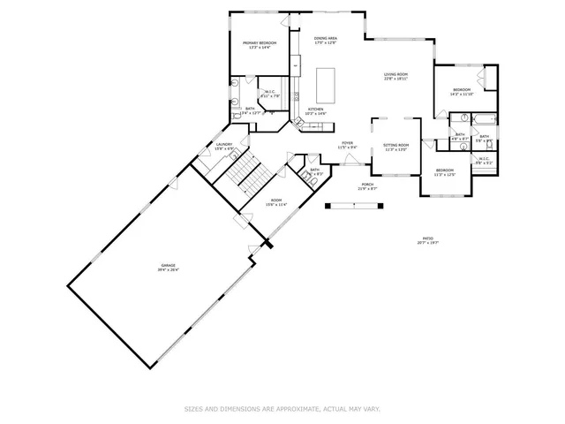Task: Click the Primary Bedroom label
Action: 260,43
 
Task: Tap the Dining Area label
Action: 325,38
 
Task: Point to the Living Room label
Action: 395,74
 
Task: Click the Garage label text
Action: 168,265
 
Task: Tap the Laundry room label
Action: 224,144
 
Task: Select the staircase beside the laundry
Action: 250,173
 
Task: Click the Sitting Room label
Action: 395,145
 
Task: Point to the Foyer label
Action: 348,143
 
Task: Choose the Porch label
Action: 366,184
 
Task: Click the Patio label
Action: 427,238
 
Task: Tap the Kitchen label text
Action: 315,109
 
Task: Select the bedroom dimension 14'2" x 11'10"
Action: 463,94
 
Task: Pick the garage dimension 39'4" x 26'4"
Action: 168,270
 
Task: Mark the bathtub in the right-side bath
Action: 486,117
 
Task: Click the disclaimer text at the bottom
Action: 282,409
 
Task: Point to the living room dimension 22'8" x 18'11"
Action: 395,79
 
